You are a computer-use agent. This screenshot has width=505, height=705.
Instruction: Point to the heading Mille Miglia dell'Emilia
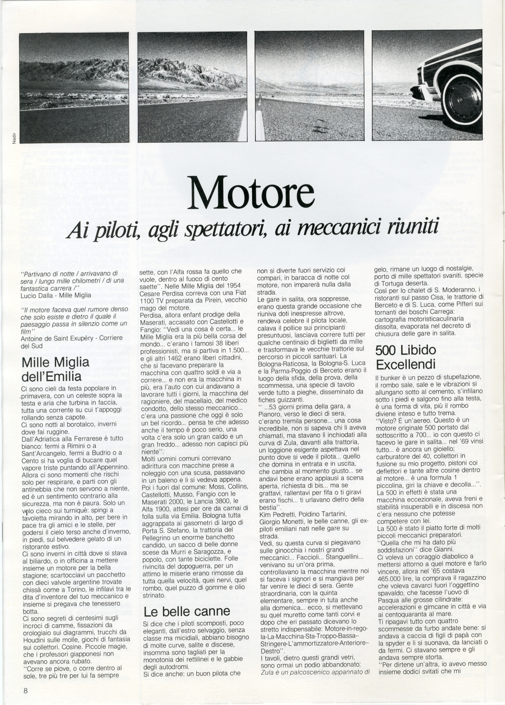pos(55,368)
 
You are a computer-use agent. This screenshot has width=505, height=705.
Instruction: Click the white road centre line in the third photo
pos(260,118)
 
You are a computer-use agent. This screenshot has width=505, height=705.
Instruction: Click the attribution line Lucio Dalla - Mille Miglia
pos(56,295)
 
